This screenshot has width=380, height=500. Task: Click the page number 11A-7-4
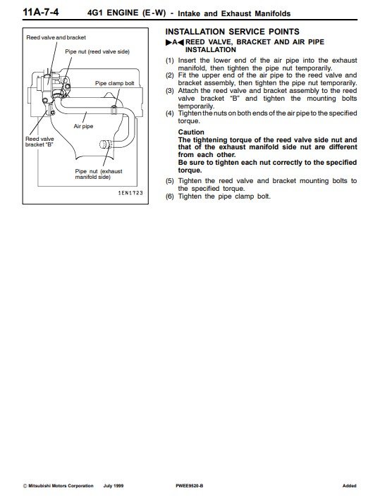(41, 12)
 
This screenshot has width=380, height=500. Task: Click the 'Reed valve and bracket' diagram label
(56, 37)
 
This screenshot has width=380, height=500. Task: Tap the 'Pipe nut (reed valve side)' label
(97, 51)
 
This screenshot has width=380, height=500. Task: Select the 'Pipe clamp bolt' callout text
(115, 83)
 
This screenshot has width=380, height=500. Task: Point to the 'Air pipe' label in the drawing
(83, 126)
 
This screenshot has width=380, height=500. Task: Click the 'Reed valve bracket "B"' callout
(39, 142)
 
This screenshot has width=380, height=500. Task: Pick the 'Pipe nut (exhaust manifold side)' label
(99, 174)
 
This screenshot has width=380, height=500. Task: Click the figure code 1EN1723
(130, 193)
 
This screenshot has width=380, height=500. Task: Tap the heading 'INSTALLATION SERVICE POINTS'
(233, 32)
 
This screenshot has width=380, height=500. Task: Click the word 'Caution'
(191, 132)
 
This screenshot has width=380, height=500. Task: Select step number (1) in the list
(170, 61)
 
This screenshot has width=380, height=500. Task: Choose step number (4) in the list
(170, 113)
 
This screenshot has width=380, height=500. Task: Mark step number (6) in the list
(170, 196)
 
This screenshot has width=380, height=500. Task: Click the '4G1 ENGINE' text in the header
(113, 13)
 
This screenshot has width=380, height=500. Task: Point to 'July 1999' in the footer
(114, 486)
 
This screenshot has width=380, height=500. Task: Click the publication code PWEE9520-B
(190, 486)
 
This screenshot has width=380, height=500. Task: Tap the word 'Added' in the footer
(350, 486)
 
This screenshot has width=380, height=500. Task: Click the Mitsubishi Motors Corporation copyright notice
(58, 486)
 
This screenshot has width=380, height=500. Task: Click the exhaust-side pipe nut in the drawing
(105, 144)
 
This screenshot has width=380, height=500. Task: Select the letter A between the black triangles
(175, 42)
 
